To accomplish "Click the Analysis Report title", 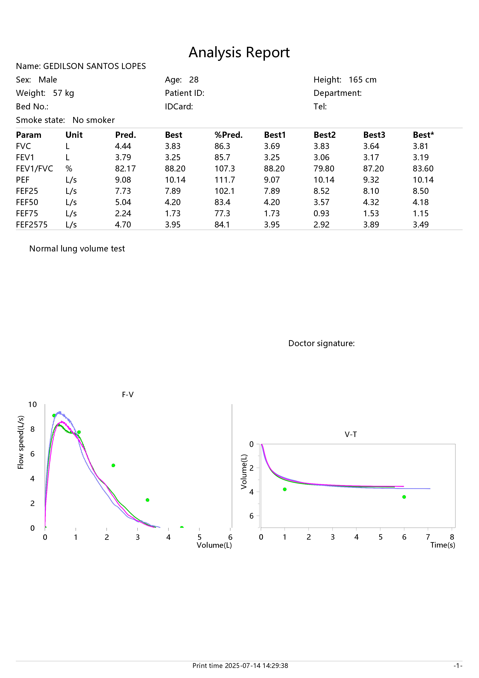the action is pos(239,53).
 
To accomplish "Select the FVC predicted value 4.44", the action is pos(123,146).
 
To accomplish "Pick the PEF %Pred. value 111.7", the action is pos(225,180).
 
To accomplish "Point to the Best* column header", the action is pos(423,135).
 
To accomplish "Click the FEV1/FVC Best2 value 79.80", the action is pos(324,169).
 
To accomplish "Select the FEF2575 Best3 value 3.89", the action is pos(371,225).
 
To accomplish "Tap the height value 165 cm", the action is pos(363,80).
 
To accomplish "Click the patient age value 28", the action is pos(194,80).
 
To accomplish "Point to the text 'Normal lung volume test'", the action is pos(77,249).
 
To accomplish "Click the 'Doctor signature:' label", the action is pos(321,343).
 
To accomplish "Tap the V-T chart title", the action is pos(351,434).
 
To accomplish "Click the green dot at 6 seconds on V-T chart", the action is pos(404,497).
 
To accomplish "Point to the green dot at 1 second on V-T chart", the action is pos(285,489).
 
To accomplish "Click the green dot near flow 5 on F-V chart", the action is pos(113,465).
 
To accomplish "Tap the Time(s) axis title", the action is pos(443,545).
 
